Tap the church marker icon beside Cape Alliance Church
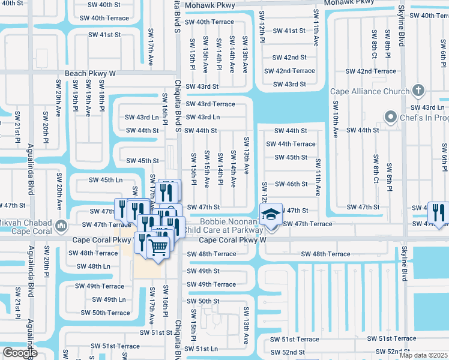point(419,92)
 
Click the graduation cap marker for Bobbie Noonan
point(271,214)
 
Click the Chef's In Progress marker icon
point(391,116)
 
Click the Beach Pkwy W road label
point(89,73)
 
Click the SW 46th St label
point(291,184)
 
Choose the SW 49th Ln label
point(109,299)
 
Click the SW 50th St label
point(203,301)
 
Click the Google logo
point(20,353)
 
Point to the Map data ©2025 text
point(423,355)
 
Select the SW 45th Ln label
point(106,180)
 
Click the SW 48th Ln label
point(93,266)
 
